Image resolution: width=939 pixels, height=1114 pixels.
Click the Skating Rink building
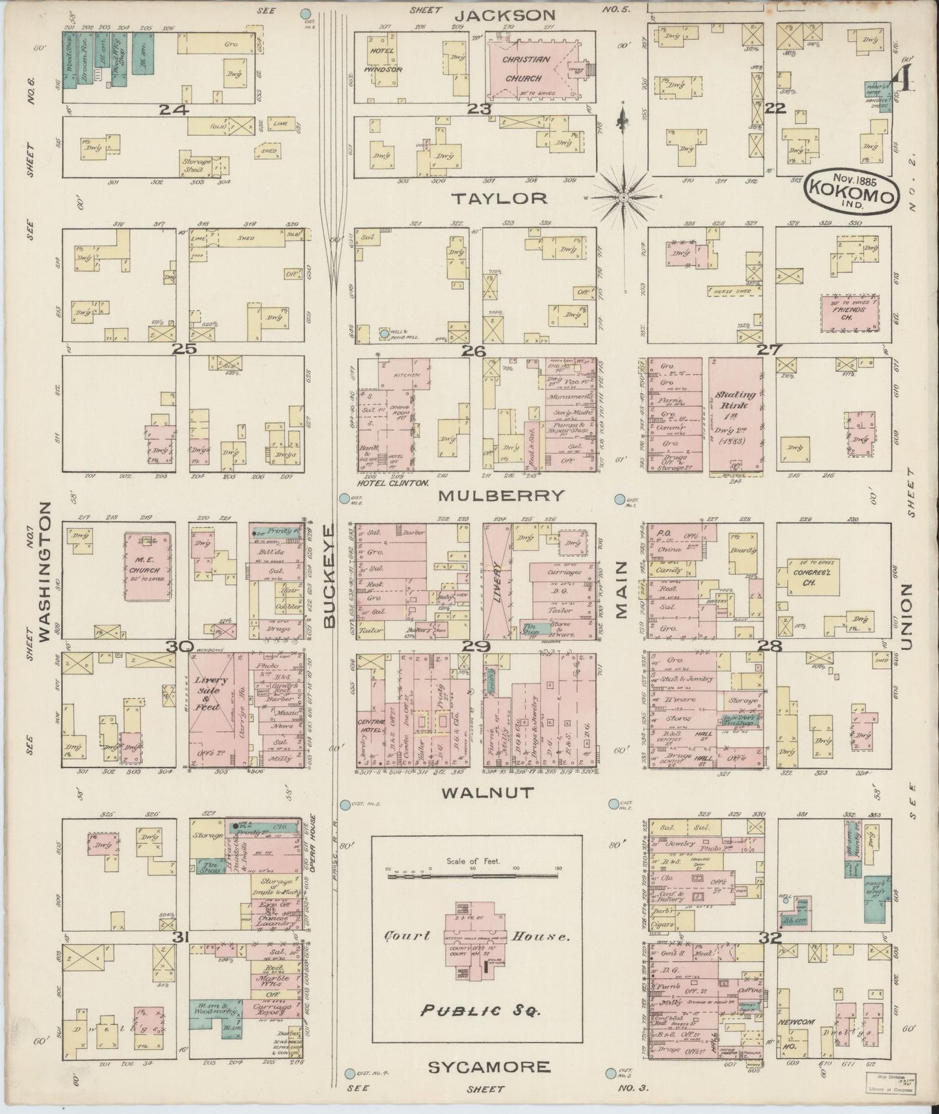736,414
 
